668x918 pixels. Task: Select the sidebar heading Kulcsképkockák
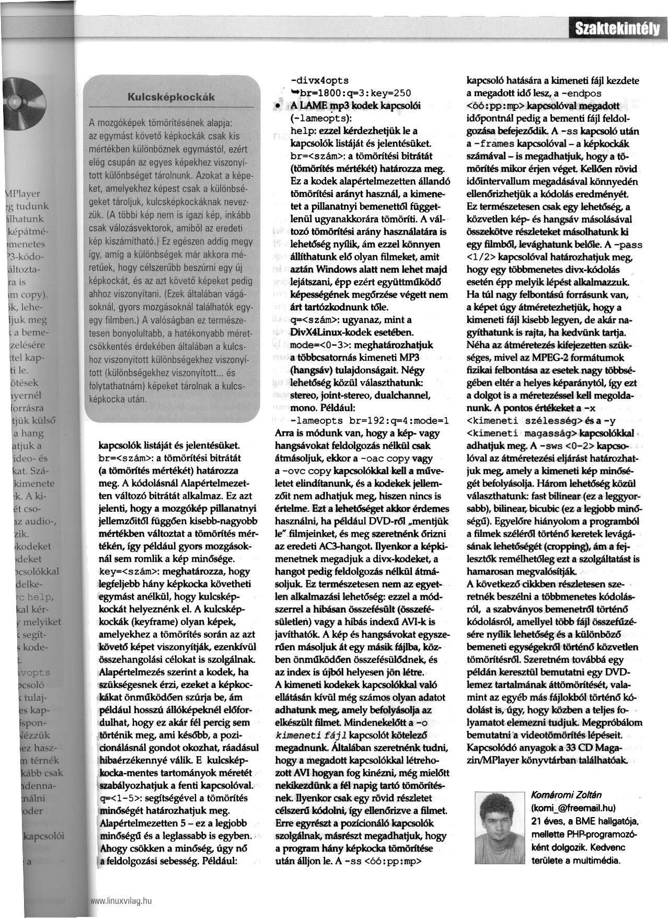coord(172,98)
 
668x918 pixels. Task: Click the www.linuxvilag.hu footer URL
coord(121,901)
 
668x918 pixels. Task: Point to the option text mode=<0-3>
coord(317,345)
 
